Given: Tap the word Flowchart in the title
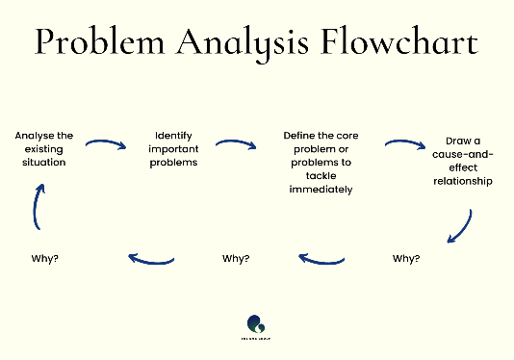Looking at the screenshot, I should [x=398, y=43].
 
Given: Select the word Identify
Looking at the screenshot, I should [x=174, y=136].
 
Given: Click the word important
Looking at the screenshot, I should [x=174, y=149].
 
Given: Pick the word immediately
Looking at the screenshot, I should [x=321, y=190].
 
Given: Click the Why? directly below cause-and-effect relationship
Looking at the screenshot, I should [x=407, y=258].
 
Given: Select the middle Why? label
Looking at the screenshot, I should [x=236, y=258].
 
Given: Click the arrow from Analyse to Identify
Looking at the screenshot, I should [x=106, y=145].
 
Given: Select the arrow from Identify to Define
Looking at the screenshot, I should [x=236, y=145].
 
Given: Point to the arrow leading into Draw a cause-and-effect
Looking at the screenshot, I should [x=405, y=145].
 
